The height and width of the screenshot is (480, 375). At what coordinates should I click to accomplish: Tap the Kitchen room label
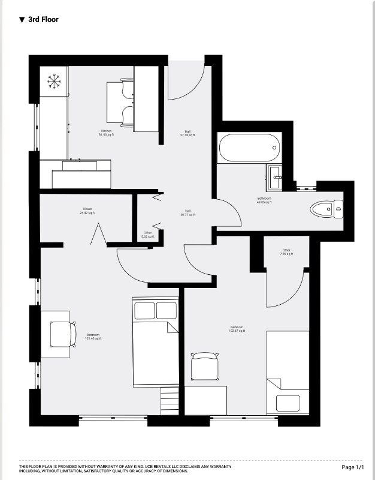[106, 133]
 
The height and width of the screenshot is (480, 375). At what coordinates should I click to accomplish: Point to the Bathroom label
[264, 200]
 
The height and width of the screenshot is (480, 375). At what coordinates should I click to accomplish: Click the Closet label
[87, 211]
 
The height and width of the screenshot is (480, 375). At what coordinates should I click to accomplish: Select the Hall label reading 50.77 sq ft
[187, 212]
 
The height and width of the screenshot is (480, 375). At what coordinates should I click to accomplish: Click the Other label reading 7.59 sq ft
[287, 252]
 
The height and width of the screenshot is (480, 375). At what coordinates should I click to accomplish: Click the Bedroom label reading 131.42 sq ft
[93, 337]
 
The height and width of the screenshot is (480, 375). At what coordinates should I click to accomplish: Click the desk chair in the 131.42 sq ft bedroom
[63, 334]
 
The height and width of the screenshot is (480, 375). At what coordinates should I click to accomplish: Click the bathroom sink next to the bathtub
[276, 174]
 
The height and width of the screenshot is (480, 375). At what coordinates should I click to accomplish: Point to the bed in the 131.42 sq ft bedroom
[155, 342]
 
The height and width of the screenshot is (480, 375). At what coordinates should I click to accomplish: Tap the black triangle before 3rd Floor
[22, 20]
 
